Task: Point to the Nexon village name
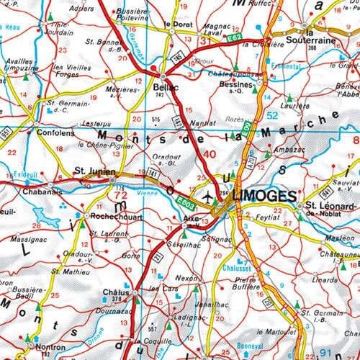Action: click(186, 277)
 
